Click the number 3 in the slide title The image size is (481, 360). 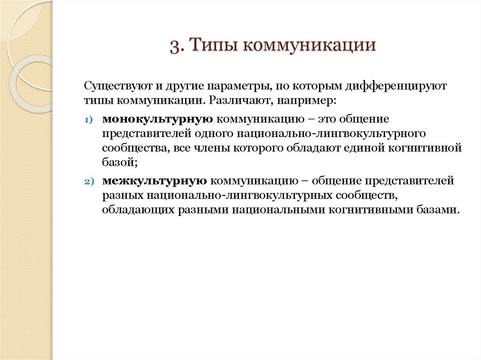[x=174, y=46]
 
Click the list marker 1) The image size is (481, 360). [x=89, y=121]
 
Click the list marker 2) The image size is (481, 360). [x=89, y=181]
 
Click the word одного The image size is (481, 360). [x=218, y=134]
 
